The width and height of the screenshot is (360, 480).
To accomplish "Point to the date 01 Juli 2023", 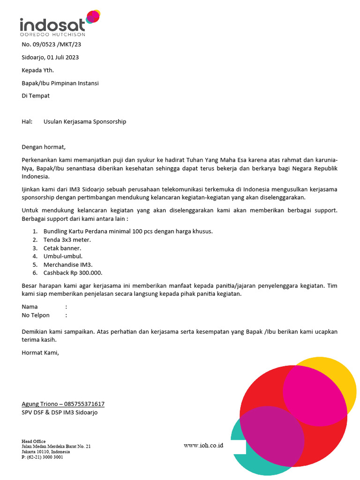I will (62, 58).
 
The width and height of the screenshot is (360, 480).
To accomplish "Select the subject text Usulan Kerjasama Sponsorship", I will (85, 121).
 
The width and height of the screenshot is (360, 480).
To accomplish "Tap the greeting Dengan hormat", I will (44, 147).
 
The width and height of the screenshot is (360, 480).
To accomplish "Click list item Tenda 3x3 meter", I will (67, 240).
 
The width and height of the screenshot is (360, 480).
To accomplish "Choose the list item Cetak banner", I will (62, 248).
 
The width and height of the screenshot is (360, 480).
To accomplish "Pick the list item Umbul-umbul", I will (63, 256).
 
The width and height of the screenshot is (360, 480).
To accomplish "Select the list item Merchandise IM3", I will (68, 264).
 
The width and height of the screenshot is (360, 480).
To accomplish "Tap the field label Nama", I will (30, 307).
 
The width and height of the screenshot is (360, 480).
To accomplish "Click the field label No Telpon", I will (36, 315).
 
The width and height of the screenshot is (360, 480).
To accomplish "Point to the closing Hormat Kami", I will (41, 352).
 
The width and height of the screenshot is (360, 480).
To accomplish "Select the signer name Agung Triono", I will (41, 404).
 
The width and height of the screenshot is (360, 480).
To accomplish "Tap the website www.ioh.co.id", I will (203, 445).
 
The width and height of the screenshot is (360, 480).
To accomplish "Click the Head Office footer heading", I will (34, 441).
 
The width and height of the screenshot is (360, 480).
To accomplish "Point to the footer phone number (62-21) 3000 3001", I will (45, 457).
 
